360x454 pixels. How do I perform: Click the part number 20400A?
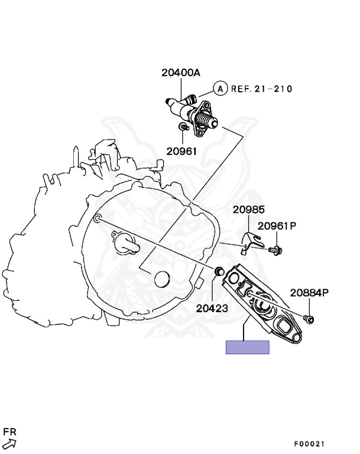coord(181,73)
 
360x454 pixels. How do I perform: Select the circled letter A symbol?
coord(219,89)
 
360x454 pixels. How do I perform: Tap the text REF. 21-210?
coord(261,89)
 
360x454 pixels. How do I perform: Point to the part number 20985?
coord(248,209)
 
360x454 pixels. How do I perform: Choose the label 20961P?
coord(277,226)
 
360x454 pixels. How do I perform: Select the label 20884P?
coord(309,293)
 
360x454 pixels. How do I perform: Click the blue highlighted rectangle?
coord(247,347)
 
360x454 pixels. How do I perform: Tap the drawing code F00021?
coord(310,444)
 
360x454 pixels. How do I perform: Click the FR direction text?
coord(9,432)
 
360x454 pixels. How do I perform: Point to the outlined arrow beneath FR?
coord(9,444)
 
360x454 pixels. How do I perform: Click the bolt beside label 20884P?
coord(309,319)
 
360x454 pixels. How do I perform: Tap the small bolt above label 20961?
coord(184,127)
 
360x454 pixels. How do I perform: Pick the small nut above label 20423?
coord(218,271)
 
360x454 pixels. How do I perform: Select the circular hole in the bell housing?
coord(161,278)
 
